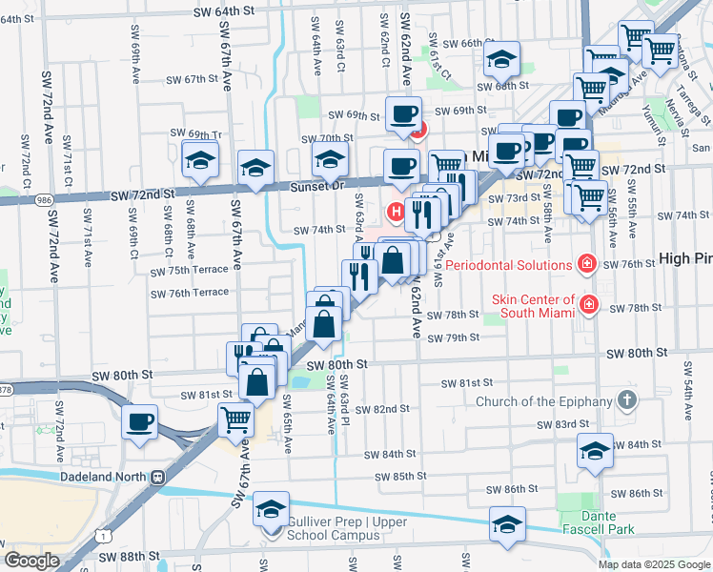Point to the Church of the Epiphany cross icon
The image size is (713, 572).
coord(626,400)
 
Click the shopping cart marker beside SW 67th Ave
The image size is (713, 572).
coord(235,419)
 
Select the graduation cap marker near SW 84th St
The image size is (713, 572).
coord(596,451)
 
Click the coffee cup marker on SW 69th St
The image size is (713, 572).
coord(402,115)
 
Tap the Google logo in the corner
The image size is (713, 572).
coord(31,561)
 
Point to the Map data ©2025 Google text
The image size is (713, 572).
coord(653,564)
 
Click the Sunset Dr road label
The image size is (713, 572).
coord(324,186)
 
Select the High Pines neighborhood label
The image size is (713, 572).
coord(685,258)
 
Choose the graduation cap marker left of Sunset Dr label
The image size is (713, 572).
coord(255,169)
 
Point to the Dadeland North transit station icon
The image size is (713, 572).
coord(157,477)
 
